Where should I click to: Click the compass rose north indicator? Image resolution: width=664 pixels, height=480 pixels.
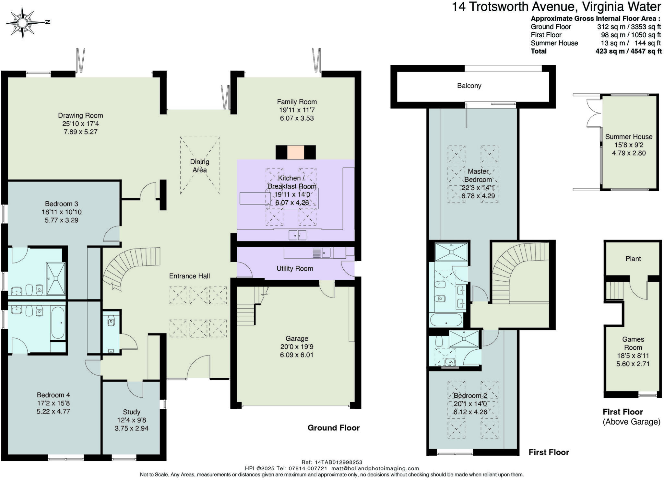[47, 22]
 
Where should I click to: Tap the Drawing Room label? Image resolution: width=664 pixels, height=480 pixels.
[80, 115]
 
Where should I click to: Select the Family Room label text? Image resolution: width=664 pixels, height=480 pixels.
[296, 102]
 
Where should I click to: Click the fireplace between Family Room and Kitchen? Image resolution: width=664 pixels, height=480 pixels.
[295, 152]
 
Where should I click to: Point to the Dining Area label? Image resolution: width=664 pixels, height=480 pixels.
[200, 166]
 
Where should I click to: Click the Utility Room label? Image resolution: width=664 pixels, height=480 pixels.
[295, 268]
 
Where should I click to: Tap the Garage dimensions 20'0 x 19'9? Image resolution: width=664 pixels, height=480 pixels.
[297, 346]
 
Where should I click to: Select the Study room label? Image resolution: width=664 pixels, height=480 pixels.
[131, 412]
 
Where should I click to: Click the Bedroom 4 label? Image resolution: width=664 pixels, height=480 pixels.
[53, 395]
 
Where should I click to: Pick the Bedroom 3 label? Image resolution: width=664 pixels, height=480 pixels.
[61, 204]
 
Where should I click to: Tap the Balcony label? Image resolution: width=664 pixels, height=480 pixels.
[469, 86]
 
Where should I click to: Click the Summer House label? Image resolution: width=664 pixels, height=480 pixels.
[628, 137]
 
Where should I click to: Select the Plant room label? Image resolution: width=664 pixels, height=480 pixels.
[633, 259]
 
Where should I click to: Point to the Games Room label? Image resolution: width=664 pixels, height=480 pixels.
[633, 343]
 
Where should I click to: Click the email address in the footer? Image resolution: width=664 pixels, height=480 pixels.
[375, 468]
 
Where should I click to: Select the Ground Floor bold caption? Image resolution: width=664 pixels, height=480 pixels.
[333, 428]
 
